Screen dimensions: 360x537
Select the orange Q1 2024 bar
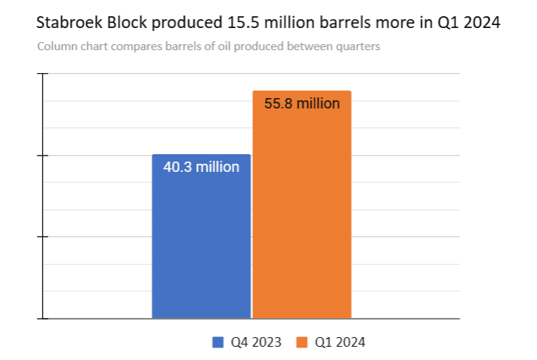coord(302,214)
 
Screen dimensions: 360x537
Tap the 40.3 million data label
coord(201,167)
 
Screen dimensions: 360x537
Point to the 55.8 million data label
coord(302,103)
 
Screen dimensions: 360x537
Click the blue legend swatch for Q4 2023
coord(218,342)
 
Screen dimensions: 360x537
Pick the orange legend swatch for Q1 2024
coord(302,342)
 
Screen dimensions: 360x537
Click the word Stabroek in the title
coord(71,23)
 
